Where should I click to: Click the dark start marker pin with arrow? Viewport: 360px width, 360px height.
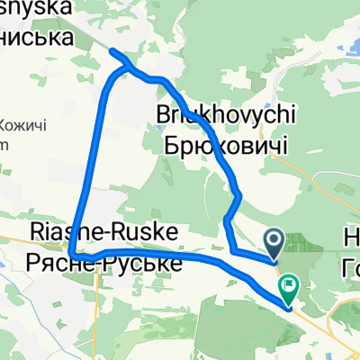pos(275,240)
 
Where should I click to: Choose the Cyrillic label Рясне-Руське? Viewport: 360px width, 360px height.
pos(105,262)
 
